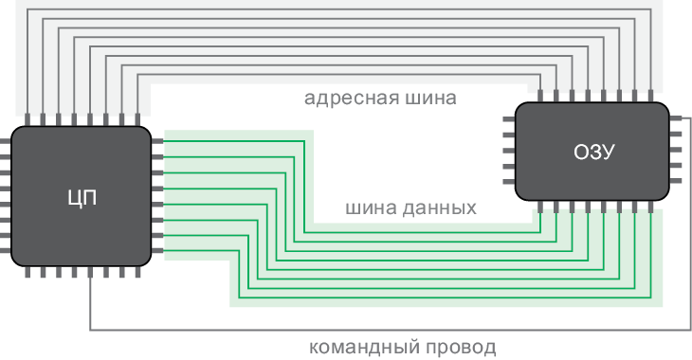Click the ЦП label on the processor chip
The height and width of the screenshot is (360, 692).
(x=82, y=198)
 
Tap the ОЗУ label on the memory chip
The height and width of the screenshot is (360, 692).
(x=595, y=152)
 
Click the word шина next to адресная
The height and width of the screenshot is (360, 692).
(x=430, y=98)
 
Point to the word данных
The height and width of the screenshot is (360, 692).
(x=437, y=207)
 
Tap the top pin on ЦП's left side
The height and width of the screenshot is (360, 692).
(x=5, y=141)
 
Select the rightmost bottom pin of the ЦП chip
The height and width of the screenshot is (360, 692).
(x=137, y=272)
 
